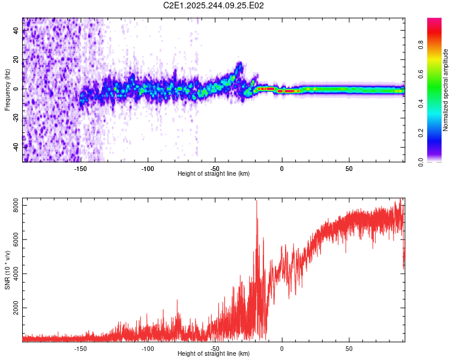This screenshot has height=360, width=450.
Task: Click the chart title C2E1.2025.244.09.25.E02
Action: point(214,5)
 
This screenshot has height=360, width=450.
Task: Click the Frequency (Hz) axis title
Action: point(7,90)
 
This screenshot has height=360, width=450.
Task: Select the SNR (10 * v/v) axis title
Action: point(7,270)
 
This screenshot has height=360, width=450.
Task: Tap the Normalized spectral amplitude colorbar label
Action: point(446,90)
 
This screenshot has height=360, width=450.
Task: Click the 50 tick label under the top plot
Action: point(349,169)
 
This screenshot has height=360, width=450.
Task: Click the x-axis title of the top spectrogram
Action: point(214,174)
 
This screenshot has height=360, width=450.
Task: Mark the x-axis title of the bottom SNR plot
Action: point(214,354)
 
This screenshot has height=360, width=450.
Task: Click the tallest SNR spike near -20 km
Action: point(257,202)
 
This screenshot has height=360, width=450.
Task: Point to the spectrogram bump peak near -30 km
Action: point(239,64)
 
